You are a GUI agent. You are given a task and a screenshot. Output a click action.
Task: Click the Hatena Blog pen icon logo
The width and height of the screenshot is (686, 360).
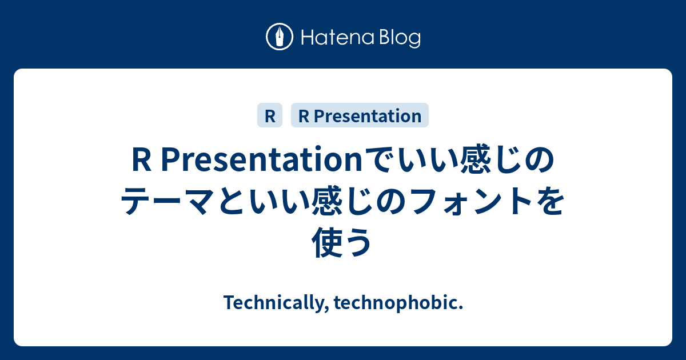click(280, 37)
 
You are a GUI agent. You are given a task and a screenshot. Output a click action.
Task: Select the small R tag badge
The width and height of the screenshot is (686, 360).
click(270, 116)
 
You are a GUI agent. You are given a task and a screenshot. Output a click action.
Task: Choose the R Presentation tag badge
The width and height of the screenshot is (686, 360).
click(360, 116)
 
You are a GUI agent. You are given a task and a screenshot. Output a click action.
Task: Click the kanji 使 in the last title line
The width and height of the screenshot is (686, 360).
click(328, 242)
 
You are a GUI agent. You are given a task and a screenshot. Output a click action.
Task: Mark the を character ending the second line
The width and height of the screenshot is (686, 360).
click(548, 203)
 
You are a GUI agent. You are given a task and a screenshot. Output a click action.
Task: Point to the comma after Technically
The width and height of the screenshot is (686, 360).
click(326, 308)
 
